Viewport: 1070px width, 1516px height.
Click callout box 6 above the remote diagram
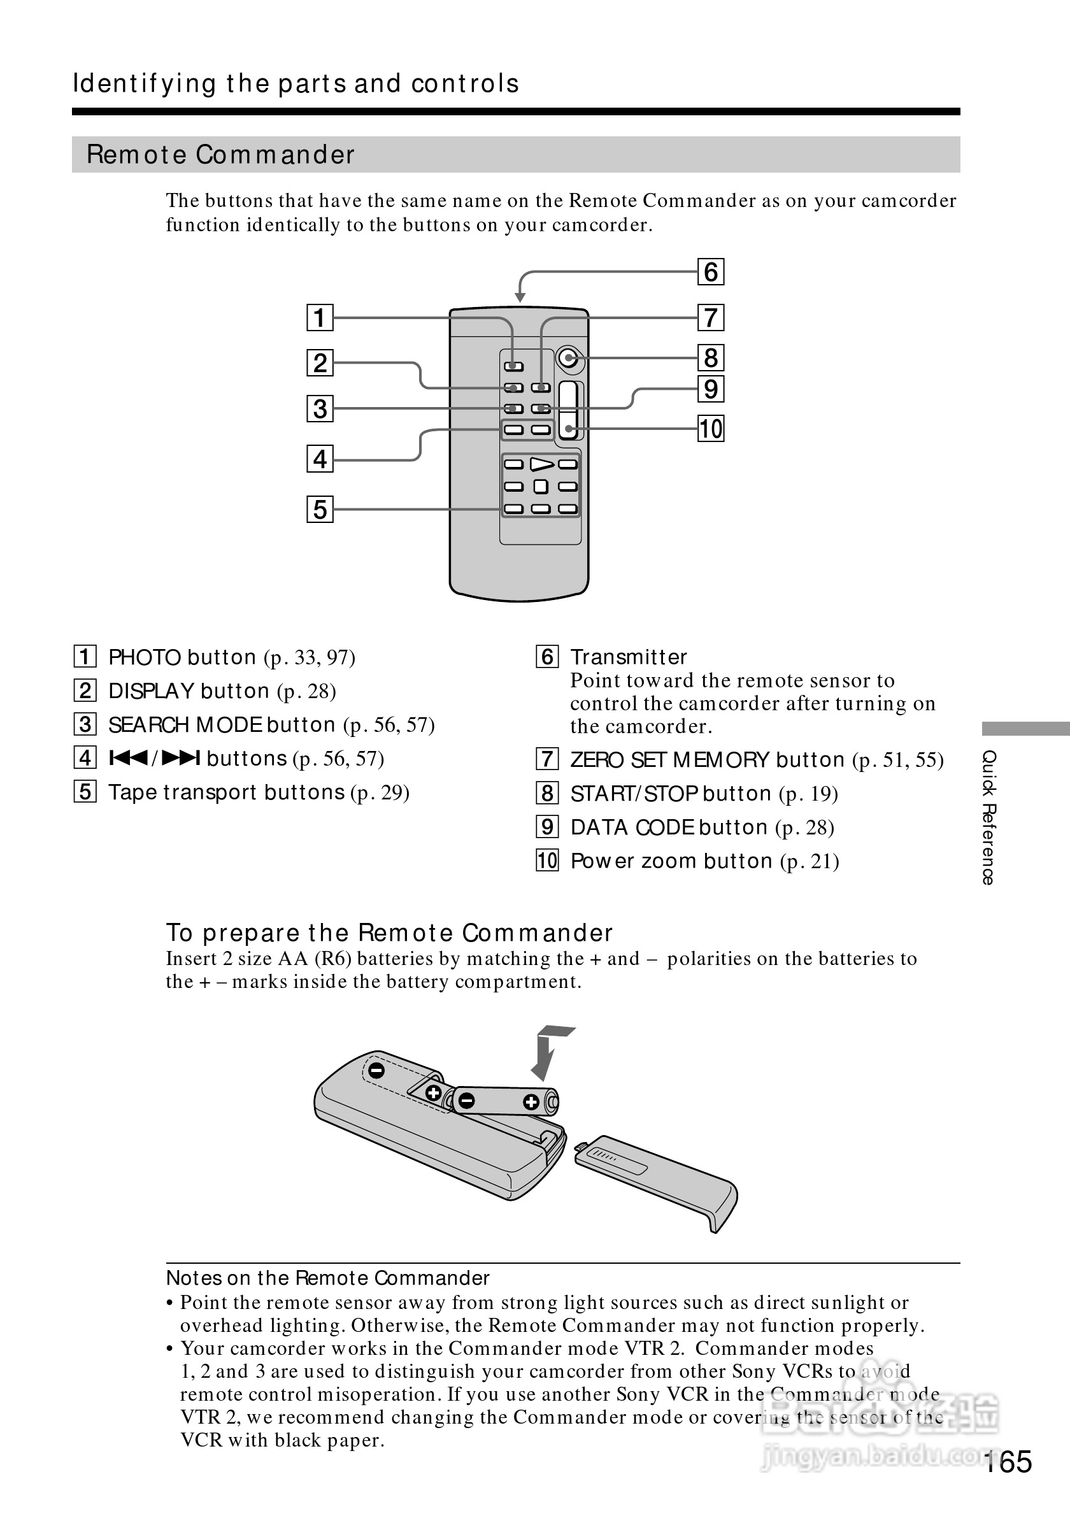point(710,272)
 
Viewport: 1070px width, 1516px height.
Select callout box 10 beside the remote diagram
point(710,429)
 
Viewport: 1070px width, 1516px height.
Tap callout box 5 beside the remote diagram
point(320,510)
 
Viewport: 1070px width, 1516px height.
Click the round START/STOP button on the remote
point(567,359)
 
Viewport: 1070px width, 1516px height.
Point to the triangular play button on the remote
point(541,465)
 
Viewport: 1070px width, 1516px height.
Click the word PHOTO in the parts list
point(145,657)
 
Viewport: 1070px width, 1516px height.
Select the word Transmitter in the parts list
point(629,657)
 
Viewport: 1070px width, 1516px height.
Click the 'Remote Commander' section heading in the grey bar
point(221,155)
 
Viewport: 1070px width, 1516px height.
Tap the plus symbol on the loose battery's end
point(531,1102)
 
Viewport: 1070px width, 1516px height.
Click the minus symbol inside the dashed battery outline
point(377,1070)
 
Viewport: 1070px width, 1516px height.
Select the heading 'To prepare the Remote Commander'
point(389,933)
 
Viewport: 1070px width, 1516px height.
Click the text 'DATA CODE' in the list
point(632,827)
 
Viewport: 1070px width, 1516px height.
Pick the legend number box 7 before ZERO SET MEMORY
point(547,759)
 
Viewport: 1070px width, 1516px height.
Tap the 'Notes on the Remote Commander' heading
point(327,1278)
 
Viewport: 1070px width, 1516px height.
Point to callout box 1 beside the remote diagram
point(320,318)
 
